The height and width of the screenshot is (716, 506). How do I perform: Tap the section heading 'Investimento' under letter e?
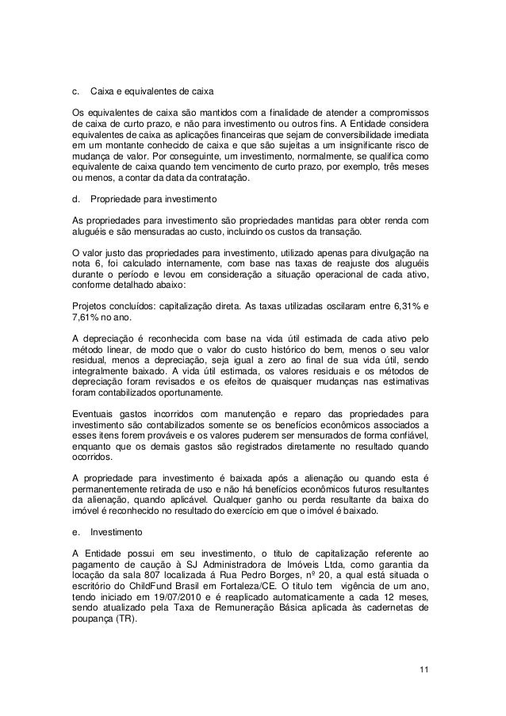click(117, 532)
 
